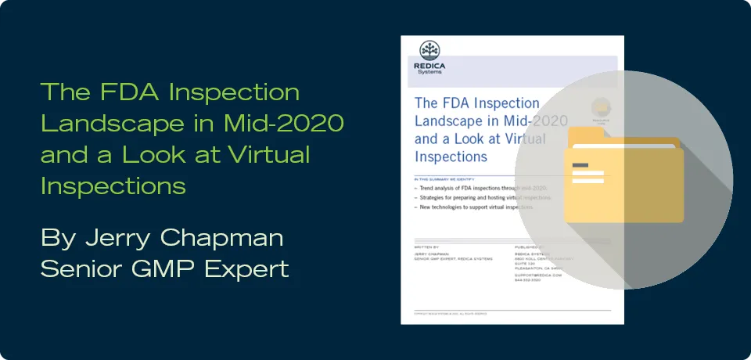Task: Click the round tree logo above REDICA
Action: (429, 50)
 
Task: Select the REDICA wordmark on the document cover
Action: (429, 66)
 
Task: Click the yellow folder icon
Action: (623, 177)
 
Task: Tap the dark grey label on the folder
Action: (580, 164)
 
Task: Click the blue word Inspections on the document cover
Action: (451, 156)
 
